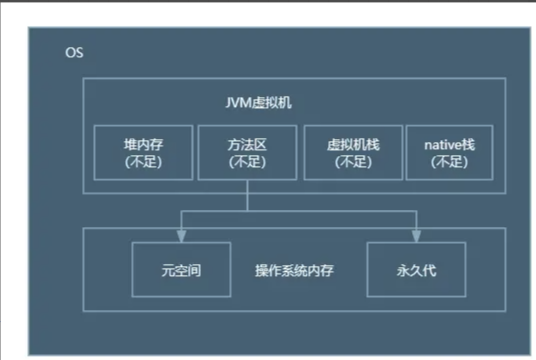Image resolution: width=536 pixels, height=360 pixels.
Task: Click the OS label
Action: tap(73, 52)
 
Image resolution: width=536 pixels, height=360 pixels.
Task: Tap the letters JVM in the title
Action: tap(240, 103)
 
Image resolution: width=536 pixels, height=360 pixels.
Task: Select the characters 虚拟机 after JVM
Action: tap(272, 103)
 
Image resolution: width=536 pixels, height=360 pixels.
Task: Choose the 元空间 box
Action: tap(181, 271)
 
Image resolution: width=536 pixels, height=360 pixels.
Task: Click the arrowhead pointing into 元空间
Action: tap(181, 236)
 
